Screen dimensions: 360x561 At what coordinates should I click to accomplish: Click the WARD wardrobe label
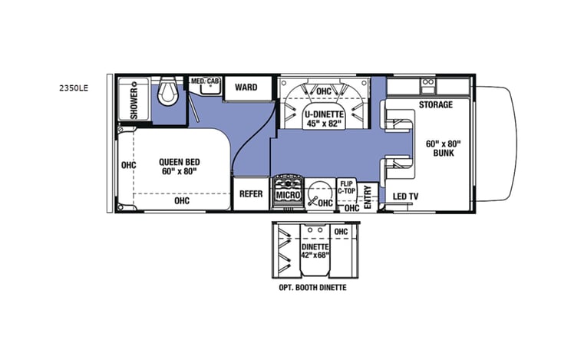coord(246,87)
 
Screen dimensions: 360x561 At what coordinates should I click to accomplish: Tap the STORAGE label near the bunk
coord(435,104)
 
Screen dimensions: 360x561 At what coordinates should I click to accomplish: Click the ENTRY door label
coord(368,197)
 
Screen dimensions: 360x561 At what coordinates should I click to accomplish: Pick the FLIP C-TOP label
coord(346,187)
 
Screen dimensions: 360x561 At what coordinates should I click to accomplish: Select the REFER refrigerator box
coord(251,195)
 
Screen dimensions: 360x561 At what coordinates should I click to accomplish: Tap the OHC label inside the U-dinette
coord(324,91)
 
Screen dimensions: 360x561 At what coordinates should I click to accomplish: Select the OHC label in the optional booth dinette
coord(341,230)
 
